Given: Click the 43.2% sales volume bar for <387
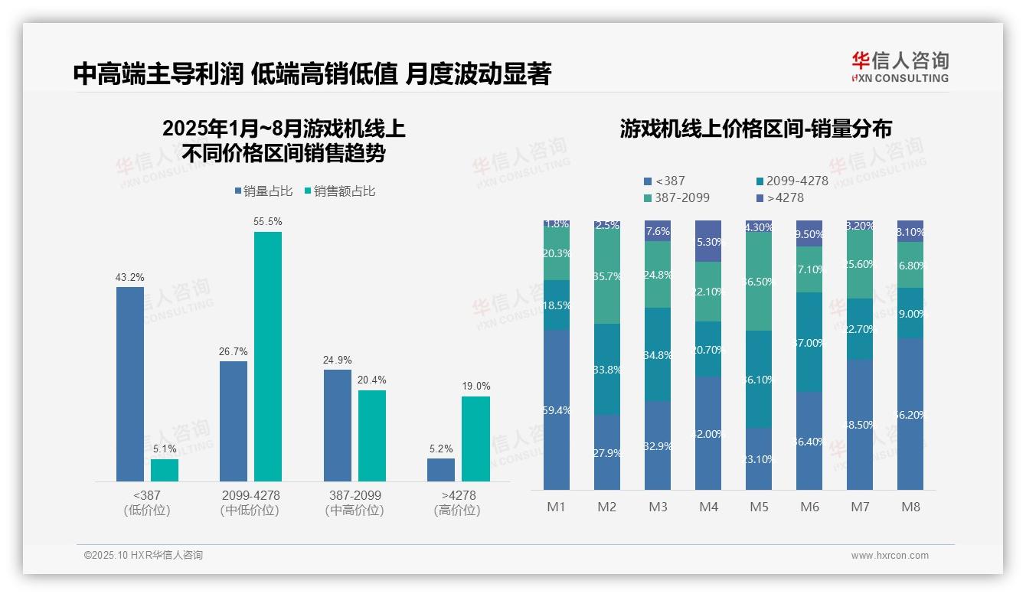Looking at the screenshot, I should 130,384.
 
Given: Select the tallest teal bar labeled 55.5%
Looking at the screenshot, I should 268,357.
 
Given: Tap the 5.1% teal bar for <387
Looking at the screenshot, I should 165,470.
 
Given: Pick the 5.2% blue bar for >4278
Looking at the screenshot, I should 441,470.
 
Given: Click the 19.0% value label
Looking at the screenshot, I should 475,387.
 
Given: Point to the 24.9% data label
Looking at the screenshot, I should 337,360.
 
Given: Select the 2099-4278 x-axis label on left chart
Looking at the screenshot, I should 250,495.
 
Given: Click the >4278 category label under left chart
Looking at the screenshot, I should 458,495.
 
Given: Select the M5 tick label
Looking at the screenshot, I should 759,507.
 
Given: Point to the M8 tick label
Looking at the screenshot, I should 910,507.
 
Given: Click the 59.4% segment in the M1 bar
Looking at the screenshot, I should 557,409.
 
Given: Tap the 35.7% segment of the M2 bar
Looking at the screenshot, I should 607,276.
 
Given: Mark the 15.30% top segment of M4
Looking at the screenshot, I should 708,241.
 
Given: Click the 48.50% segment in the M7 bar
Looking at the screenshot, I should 860,425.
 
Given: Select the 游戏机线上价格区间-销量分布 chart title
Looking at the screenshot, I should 756,129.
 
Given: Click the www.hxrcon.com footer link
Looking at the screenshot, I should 890,556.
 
